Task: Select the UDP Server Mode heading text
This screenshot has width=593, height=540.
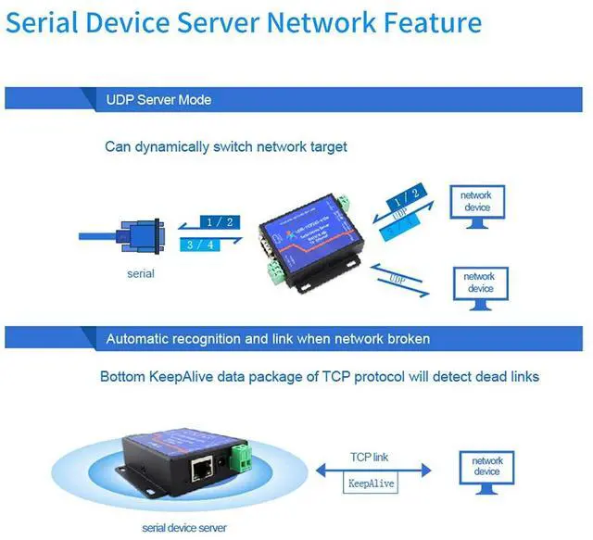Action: tap(158, 99)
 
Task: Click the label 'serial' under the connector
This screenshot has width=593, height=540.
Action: tap(141, 273)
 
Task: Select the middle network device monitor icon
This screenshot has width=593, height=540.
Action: tap(478, 286)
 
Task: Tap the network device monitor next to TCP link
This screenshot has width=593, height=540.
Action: tap(487, 471)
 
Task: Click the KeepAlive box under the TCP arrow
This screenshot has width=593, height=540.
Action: tap(372, 483)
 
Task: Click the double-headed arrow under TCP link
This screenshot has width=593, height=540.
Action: tap(372, 471)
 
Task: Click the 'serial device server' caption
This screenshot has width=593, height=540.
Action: tap(183, 528)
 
